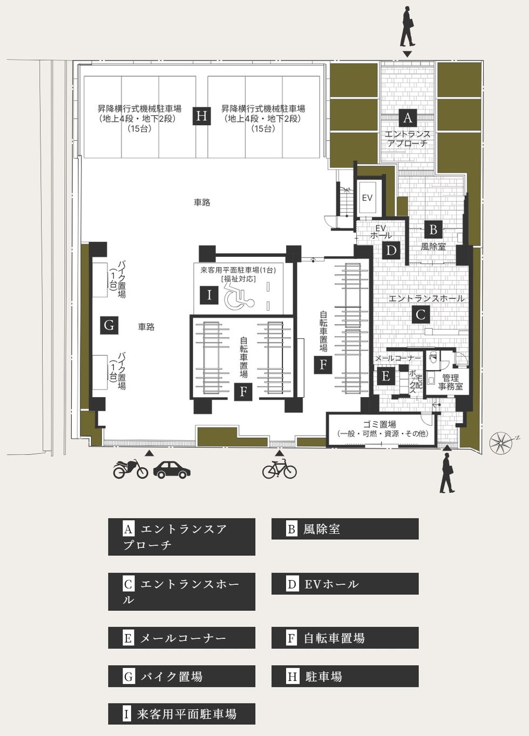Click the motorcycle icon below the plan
tap(131, 469)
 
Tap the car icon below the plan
tap(172, 469)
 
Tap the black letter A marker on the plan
tap(408, 118)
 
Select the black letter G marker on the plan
tap(109, 325)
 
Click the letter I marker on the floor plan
tap(209, 295)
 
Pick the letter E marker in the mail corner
tap(385, 376)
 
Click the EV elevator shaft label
tap(367, 198)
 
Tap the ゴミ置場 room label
tap(379, 424)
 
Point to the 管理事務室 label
tap(450, 382)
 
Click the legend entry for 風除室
tap(345, 529)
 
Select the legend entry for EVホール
tap(345, 584)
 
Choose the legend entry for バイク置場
tap(181, 677)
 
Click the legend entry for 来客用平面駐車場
tap(181, 714)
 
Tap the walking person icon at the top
tap(408, 27)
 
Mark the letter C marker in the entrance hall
tap(421, 315)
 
